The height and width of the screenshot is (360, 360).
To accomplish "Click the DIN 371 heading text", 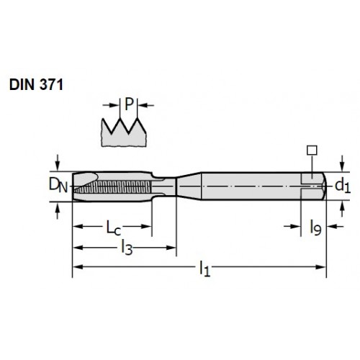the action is pyautogui.click(x=36, y=85).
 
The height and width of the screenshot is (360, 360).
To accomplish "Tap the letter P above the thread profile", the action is pyautogui.click(x=129, y=104).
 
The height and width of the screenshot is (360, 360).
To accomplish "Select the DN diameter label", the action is pyautogui.click(x=58, y=186).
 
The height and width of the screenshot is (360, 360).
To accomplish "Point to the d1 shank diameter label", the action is pyautogui.click(x=343, y=186).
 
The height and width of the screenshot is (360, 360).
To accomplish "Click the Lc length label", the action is pyautogui.click(x=114, y=228).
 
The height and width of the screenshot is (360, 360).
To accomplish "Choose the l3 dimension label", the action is pyautogui.click(x=127, y=248).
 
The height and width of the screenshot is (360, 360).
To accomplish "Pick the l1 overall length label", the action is pyautogui.click(x=204, y=269).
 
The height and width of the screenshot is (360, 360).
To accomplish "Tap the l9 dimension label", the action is pyautogui.click(x=315, y=228).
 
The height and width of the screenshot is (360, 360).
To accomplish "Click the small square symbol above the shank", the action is pyautogui.click(x=312, y=150).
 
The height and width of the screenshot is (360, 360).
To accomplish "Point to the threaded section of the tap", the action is pyautogui.click(x=113, y=187).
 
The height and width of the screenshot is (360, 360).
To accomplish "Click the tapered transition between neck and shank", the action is pyautogui.click(x=189, y=186).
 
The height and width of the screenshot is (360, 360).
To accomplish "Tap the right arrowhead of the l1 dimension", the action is pyautogui.click(x=322, y=267).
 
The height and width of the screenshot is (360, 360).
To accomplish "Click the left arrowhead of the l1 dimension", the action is pyautogui.click(x=78, y=267).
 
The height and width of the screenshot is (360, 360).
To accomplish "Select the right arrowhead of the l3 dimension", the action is pyautogui.click(x=171, y=248).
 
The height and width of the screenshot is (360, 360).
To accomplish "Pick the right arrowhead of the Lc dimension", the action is pyautogui.click(x=146, y=226).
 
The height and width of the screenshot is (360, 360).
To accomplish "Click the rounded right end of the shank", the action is pyautogui.click(x=325, y=186).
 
